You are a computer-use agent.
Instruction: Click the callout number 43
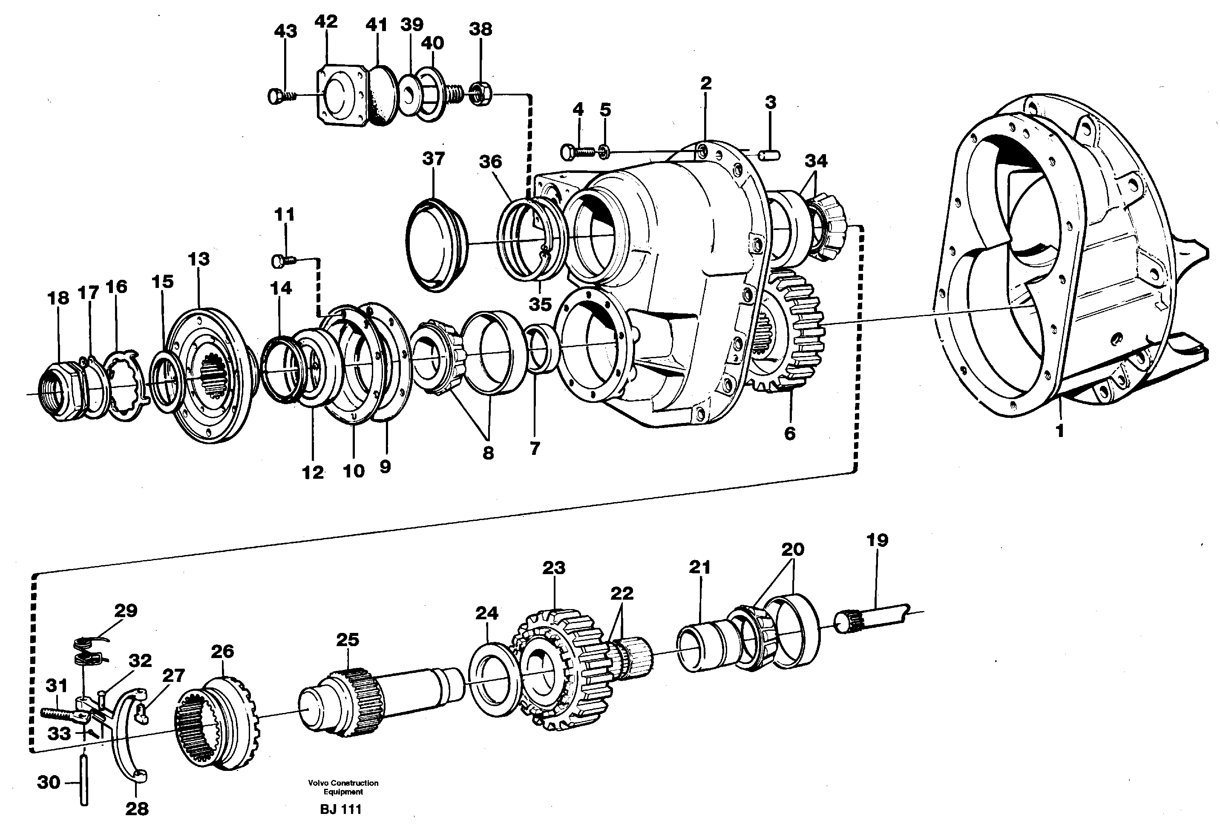tap(285, 31)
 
